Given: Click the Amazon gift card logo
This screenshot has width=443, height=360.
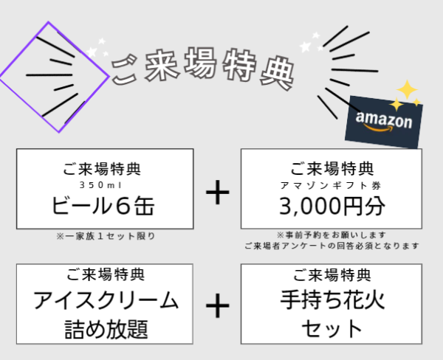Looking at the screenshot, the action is click(384, 122).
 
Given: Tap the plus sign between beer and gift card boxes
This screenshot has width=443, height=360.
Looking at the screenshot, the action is click(218, 193).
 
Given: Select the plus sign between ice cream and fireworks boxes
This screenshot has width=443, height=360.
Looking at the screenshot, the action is click(218, 305).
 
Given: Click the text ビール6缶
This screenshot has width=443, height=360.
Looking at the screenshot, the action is click(103, 206).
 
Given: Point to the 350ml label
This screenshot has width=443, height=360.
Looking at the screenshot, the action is click(100, 185).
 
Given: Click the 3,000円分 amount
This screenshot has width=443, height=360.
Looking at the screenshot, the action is click(332, 206).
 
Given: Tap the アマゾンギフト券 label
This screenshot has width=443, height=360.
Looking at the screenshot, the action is click(331, 185).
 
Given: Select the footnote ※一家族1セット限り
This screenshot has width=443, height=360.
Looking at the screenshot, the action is click(106, 236).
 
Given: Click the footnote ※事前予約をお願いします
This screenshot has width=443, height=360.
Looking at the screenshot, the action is click(331, 235).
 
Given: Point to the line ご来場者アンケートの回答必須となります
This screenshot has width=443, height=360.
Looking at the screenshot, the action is click(332, 246).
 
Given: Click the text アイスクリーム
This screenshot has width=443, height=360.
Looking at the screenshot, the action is click(106, 300).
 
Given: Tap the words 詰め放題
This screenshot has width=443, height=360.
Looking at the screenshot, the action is click(106, 329).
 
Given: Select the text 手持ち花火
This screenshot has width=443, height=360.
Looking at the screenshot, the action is click(332, 300).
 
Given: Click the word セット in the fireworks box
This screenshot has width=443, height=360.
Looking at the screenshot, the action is click(332, 329).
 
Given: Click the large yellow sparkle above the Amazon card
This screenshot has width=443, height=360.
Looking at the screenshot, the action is click(407, 90).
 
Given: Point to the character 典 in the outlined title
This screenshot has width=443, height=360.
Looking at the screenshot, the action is click(278, 74).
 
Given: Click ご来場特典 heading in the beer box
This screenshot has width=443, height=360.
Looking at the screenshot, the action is click(101, 169).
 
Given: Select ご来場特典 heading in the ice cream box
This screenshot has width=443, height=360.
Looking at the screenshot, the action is click(106, 274).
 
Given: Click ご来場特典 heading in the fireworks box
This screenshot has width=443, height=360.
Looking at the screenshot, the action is click(332, 274).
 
